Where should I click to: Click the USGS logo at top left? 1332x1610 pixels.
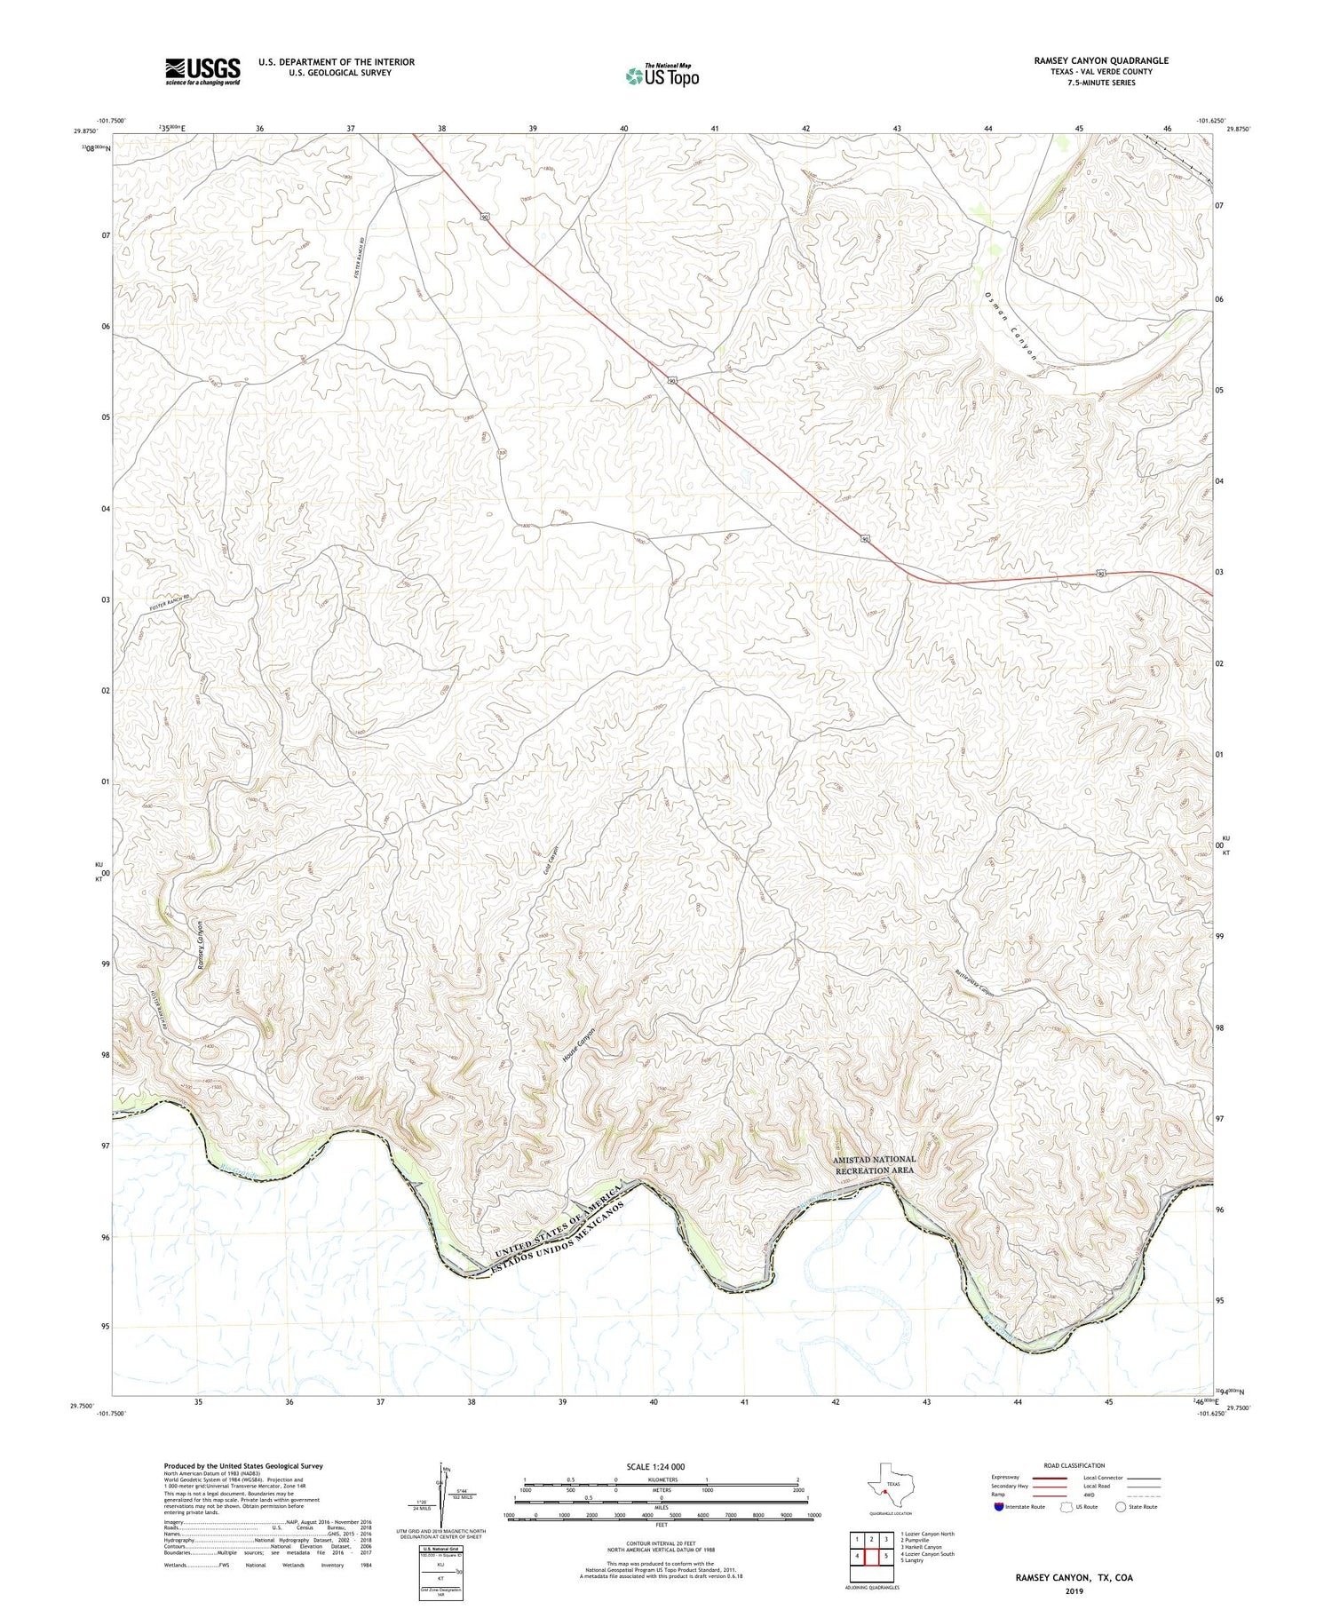(202, 71)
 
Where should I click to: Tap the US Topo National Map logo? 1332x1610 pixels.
(662, 75)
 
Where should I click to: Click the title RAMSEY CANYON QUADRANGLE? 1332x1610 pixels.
(1100, 60)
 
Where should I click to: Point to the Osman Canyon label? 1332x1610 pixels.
(1011, 326)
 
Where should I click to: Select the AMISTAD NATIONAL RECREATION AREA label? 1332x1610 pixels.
(874, 1164)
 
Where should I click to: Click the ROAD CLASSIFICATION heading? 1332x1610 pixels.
(1074, 1465)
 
